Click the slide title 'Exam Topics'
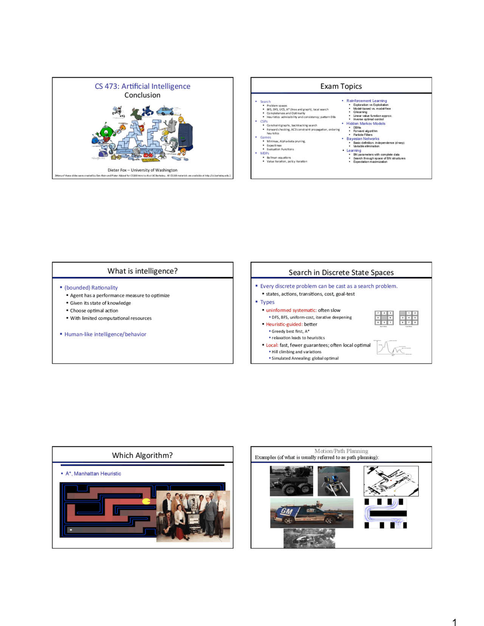coord(341,86)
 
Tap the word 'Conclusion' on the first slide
coord(143,95)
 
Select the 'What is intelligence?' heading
coord(143,271)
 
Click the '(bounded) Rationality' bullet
coord(91,288)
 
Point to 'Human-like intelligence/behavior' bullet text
coord(105,334)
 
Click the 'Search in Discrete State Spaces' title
coord(341,273)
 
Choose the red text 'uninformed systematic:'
coord(291,310)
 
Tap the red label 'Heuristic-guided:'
coord(284,324)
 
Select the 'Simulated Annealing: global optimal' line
coord(305,358)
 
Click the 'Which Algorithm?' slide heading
coord(143,456)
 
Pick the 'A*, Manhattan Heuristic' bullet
coord(93,474)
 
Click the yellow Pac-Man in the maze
coord(146,502)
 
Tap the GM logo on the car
coord(287,511)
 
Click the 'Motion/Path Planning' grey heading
coord(341,451)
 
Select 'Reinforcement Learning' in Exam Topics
coord(366,101)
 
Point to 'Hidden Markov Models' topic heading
coord(366,124)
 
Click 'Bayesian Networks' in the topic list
coord(363,139)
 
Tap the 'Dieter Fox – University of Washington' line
coord(143,170)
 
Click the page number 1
coord(455,622)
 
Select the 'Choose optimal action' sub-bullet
coord(94,311)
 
